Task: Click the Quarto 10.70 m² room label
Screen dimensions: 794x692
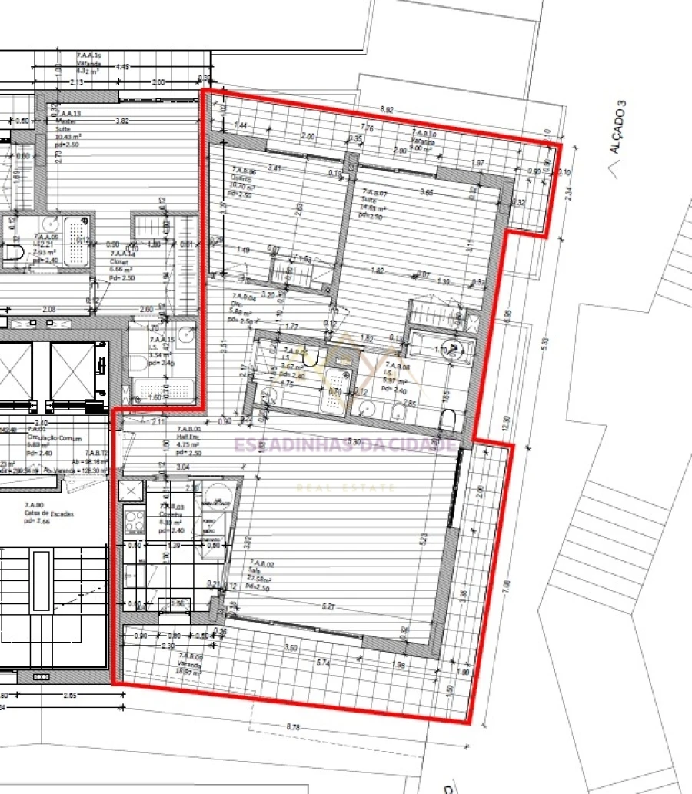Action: (x=237, y=181)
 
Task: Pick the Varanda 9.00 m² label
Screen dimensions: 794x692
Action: (x=424, y=141)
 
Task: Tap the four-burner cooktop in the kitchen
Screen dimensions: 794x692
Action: (x=134, y=522)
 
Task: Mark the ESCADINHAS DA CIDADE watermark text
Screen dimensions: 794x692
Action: (x=344, y=444)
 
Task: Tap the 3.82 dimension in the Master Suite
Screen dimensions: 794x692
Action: (x=121, y=121)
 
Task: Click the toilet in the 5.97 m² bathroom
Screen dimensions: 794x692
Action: (x=449, y=420)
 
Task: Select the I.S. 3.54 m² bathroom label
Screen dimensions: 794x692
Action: (x=159, y=347)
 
